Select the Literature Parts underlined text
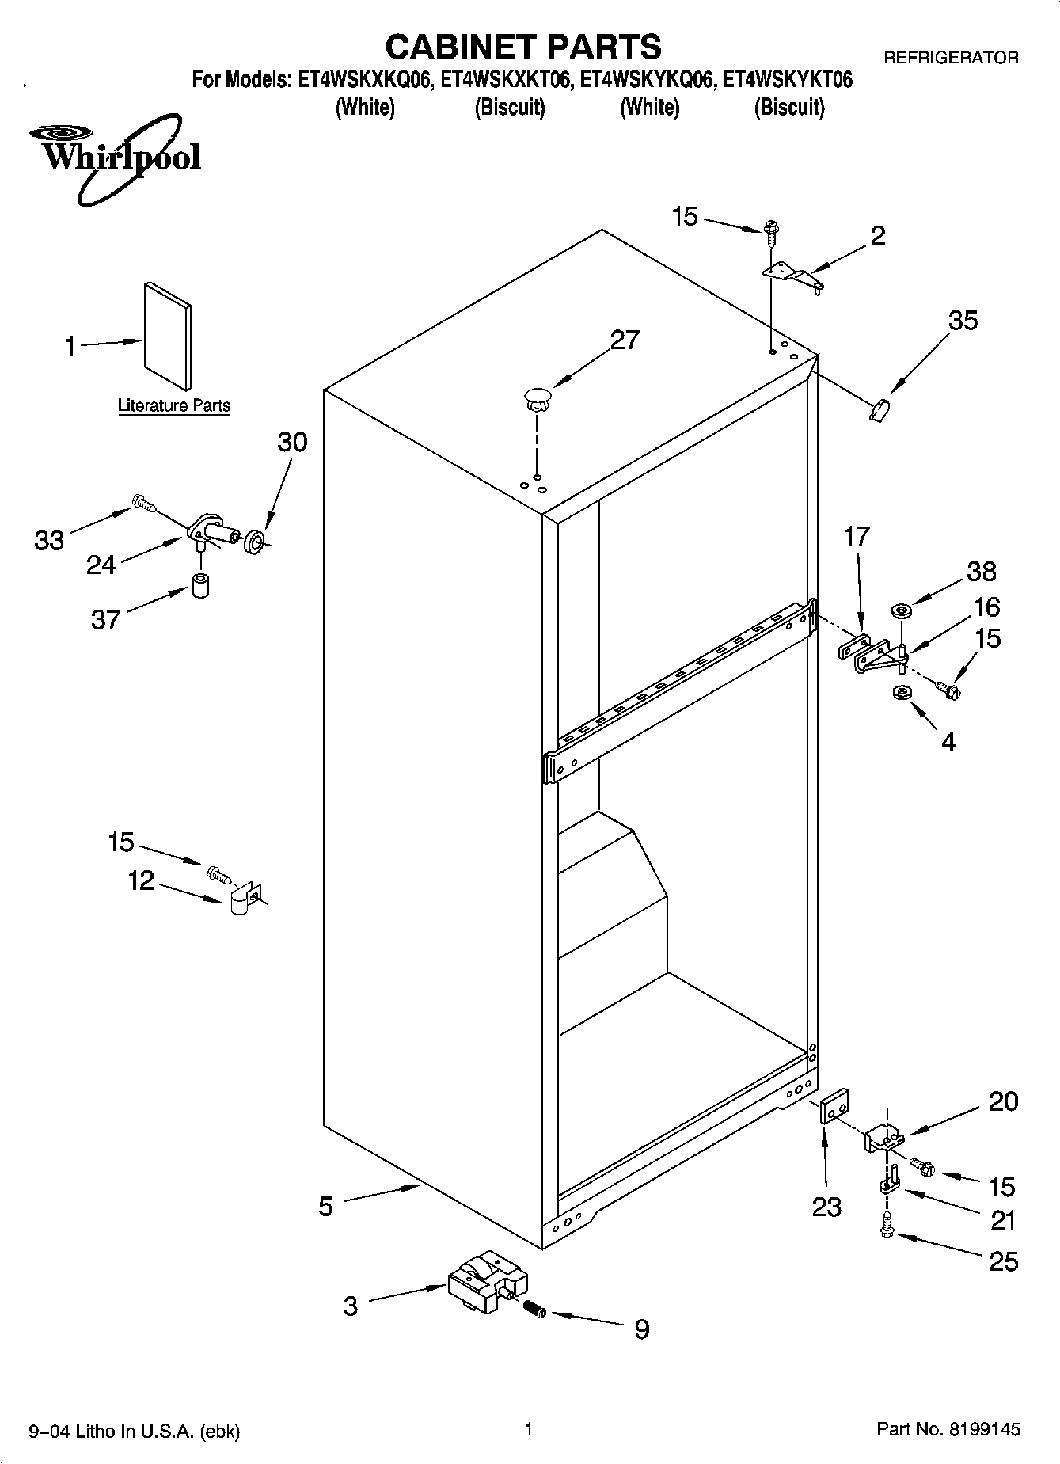[x=174, y=406]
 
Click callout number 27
[x=625, y=340]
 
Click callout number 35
[x=963, y=321]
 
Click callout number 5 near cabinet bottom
[x=325, y=1206]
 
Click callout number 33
[x=49, y=541]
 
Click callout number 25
[x=1003, y=1261]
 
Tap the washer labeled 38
[x=900, y=610]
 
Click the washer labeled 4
[x=900, y=694]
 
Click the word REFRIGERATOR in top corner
[x=950, y=57]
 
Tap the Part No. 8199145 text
[x=948, y=1429]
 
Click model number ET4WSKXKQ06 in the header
[x=365, y=80]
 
